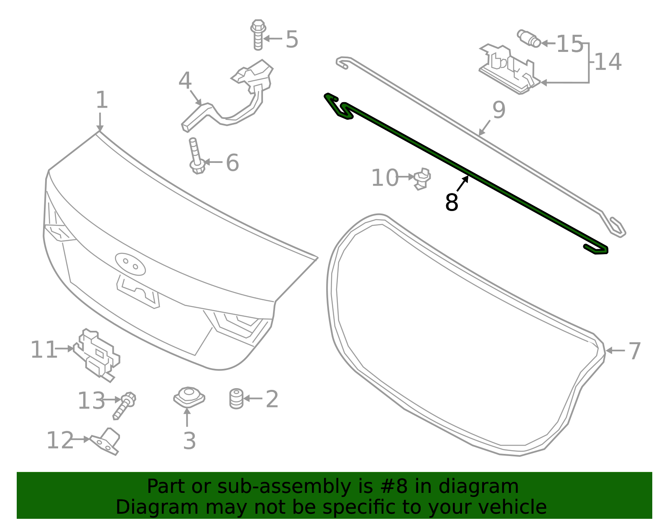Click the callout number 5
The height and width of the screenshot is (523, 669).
coord(292,39)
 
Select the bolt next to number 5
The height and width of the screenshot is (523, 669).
coord(258,35)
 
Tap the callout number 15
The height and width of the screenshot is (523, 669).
coord(570,44)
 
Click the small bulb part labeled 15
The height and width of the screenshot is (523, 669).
coord(529,39)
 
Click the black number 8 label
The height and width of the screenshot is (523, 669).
coord(452,203)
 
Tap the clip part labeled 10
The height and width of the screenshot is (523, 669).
coord(422,179)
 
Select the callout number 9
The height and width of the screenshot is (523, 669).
coord(499,110)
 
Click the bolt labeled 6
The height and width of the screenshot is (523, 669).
coord(197,156)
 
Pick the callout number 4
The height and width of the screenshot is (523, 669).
coord(185,81)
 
